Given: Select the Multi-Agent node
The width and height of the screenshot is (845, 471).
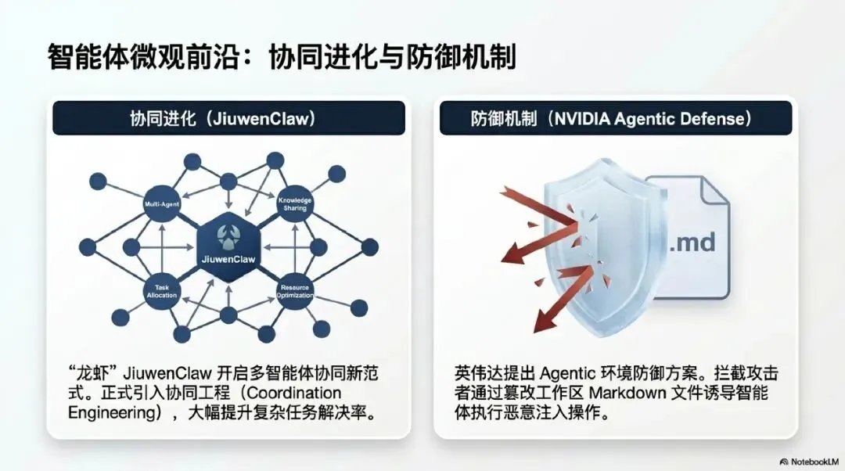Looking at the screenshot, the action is click(161, 204).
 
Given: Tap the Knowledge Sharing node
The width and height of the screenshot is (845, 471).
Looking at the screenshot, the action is click(295, 204).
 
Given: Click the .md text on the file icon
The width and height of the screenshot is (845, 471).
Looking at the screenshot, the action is click(691, 242).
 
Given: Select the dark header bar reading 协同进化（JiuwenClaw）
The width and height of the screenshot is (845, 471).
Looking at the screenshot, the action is click(228, 118).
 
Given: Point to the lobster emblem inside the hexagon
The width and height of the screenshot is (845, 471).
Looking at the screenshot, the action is click(228, 232).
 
